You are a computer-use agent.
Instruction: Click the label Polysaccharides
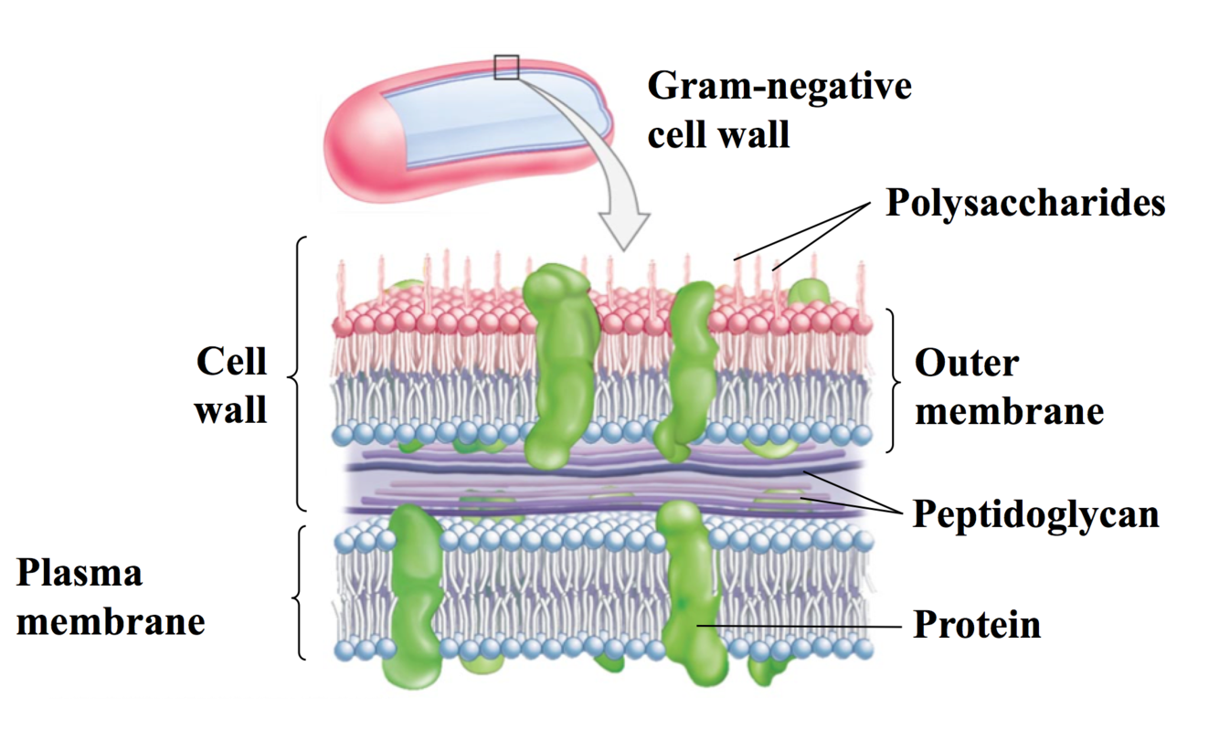[1025, 203]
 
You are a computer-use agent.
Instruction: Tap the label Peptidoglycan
[1036, 515]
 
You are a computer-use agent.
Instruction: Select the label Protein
[977, 626]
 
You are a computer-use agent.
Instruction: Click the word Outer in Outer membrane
[967, 364]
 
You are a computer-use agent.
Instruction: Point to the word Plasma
[79, 574]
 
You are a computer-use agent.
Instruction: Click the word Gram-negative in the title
[779, 87]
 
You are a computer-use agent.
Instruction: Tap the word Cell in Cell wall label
[231, 362]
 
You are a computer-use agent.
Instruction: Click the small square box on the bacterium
[506, 67]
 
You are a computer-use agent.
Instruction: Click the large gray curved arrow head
[624, 228]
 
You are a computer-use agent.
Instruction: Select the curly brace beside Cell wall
[297, 373]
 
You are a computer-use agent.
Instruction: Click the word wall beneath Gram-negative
[758, 135]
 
